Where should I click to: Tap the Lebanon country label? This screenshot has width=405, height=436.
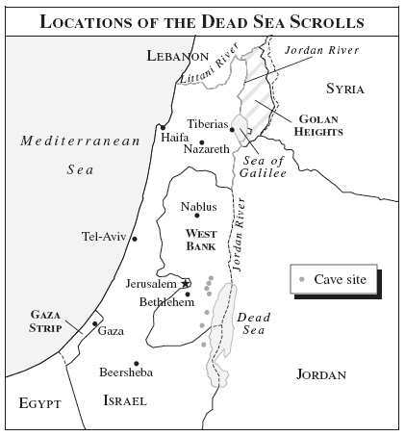pyautogui.click(x=178, y=57)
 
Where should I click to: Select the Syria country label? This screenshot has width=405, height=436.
pyautogui.click(x=344, y=89)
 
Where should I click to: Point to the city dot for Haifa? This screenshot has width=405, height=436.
pyautogui.click(x=164, y=127)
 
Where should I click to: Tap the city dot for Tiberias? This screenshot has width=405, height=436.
pyautogui.click(x=232, y=129)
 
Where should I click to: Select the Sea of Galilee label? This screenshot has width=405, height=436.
pyautogui.click(x=265, y=166)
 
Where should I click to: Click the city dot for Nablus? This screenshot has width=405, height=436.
pyautogui.click(x=197, y=216)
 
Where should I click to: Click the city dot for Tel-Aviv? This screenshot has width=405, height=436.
pyautogui.click(x=135, y=238)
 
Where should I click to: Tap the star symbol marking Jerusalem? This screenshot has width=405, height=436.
pyautogui.click(x=185, y=283)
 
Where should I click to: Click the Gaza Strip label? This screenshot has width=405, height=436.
pyautogui.click(x=46, y=321)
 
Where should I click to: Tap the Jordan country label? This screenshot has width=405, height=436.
pyautogui.click(x=320, y=373)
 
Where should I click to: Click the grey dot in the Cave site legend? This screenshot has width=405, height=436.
pyautogui.click(x=303, y=279)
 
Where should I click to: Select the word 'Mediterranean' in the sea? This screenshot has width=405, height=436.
pyautogui.click(x=82, y=141)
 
